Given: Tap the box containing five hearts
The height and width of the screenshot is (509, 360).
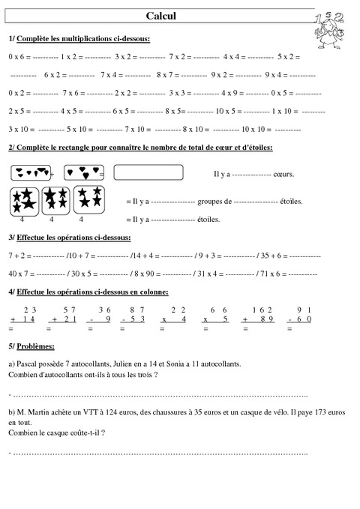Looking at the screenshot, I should click(x=31, y=173).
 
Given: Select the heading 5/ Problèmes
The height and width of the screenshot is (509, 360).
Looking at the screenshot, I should click(x=31, y=346).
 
